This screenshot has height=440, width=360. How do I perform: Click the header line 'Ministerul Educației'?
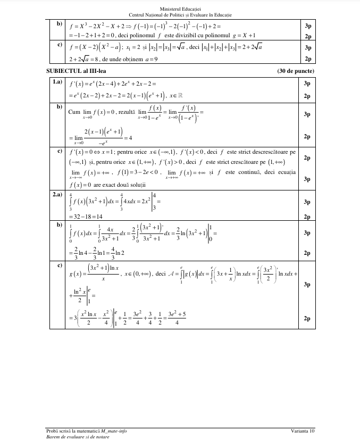point(180,9)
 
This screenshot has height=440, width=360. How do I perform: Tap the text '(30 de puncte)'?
point(296,71)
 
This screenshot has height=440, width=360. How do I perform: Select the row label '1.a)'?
point(57,82)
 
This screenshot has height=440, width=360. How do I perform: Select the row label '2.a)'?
point(57,195)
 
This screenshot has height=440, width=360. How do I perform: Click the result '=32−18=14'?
point(86,217)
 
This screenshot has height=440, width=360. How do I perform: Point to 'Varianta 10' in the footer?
point(303,430)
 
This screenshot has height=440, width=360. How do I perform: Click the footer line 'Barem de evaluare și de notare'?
point(78,436)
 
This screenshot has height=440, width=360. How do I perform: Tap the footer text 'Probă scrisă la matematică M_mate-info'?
point(87,430)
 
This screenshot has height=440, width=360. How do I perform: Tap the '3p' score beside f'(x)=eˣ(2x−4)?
point(307,84)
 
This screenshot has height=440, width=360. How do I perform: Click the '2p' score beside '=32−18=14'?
point(307,217)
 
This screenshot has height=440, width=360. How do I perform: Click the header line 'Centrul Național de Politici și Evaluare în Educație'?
point(180,14)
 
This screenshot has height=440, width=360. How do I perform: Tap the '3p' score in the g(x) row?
point(307,285)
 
